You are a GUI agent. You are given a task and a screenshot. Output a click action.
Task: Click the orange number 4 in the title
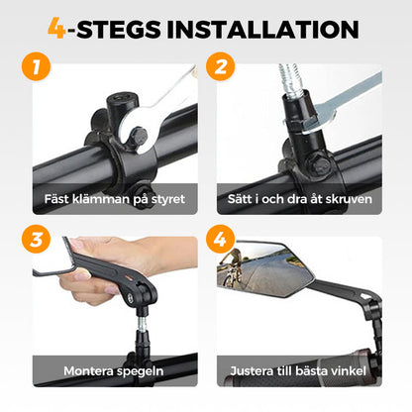pyautogui.click(x=57, y=29)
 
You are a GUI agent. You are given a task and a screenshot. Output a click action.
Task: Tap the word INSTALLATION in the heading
pyautogui.click(x=262, y=29)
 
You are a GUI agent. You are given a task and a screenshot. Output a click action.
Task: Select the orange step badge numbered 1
pyautogui.click(x=36, y=66)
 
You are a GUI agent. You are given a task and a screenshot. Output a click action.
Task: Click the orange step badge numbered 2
pyautogui.click(x=220, y=66)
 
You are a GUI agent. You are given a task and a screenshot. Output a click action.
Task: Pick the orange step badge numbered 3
pyautogui.click(x=36, y=239)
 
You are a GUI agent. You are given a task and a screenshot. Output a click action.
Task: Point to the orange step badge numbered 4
pyautogui.click(x=220, y=239)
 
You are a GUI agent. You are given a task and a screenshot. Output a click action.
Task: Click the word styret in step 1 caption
pyautogui.click(x=168, y=200)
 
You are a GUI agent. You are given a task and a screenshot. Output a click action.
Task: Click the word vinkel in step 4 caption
pyautogui.click(x=350, y=370)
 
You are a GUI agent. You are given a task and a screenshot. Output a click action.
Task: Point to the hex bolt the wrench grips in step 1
pyautogui.click(x=139, y=136)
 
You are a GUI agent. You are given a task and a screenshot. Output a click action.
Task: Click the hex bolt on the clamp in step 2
pyautogui.click(x=319, y=165)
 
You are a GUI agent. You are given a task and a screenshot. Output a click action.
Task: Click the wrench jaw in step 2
pyautogui.click(x=314, y=118)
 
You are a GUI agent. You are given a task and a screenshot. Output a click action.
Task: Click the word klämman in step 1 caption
pyautogui.click(x=101, y=199)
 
